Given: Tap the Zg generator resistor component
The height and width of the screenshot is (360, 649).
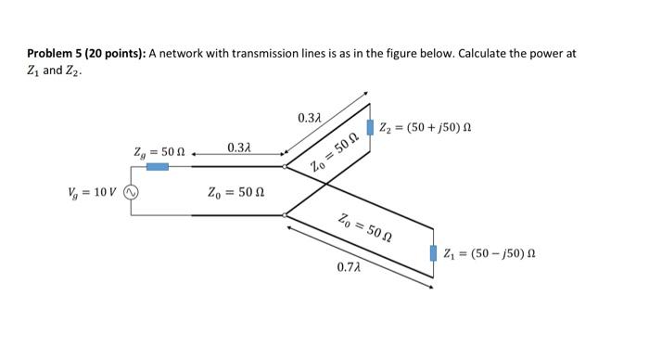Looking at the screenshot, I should pos(158,166).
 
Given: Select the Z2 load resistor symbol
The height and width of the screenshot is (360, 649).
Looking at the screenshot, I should pos(371,126).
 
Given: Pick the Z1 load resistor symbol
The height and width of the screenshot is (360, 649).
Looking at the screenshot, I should pos(434,251).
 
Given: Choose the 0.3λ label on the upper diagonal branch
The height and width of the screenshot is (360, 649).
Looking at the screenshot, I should pos(310,118).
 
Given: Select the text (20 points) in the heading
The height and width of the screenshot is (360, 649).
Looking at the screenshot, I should pos(112,54).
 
